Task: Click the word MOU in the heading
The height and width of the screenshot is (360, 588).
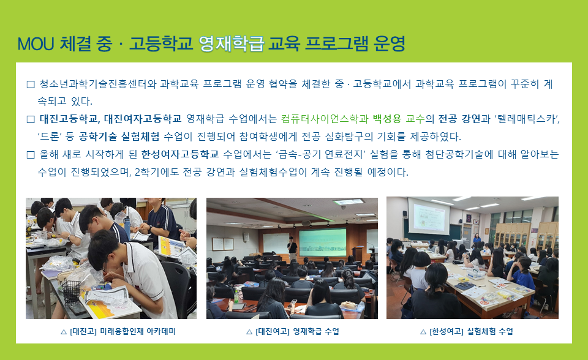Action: point(36,44)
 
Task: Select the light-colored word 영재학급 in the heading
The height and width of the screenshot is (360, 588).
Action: point(231,44)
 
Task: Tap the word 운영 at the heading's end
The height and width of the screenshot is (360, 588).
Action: point(390,44)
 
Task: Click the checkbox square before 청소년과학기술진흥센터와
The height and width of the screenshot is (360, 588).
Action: point(31,84)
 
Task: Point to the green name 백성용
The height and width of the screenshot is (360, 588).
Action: point(387,119)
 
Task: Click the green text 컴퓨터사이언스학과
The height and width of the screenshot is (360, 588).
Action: point(325,119)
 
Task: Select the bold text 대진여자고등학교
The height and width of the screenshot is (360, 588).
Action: point(143,119)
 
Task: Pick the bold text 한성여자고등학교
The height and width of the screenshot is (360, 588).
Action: point(180,154)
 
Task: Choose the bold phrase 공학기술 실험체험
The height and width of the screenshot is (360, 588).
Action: point(119,137)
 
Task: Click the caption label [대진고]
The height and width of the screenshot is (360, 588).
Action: point(83,331)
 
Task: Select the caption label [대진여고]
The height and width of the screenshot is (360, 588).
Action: point(272,331)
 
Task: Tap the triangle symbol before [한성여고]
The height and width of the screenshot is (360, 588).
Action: point(423,332)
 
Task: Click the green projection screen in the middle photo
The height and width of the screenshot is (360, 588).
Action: point(323,242)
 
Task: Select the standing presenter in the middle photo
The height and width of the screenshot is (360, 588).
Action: point(292,248)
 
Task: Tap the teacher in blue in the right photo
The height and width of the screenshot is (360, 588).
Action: point(477,239)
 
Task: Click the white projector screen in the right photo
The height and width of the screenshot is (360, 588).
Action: point(429,217)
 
